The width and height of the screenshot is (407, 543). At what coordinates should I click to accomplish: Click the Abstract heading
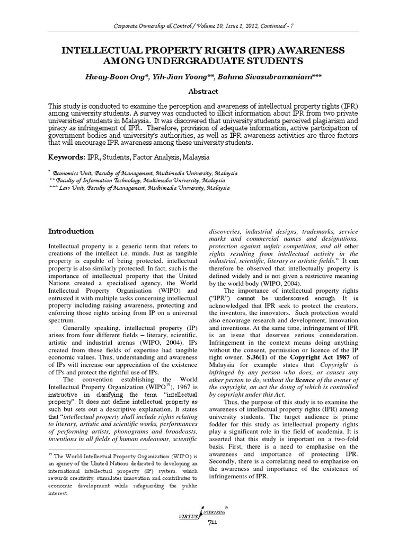pyautogui.click(x=203, y=91)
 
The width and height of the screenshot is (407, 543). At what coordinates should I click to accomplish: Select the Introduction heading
pyautogui.click(x=71, y=231)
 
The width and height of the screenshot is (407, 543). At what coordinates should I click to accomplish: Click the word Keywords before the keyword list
pyautogui.click(x=68, y=157)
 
